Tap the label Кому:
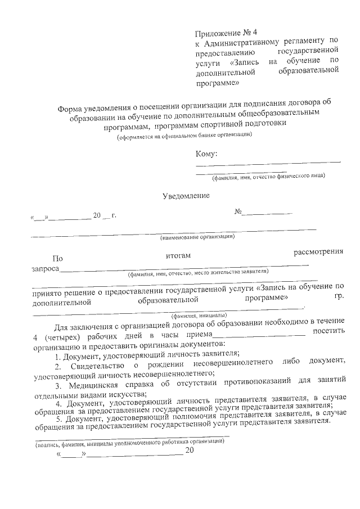coord(206,154)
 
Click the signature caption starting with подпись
coord(129,442)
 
